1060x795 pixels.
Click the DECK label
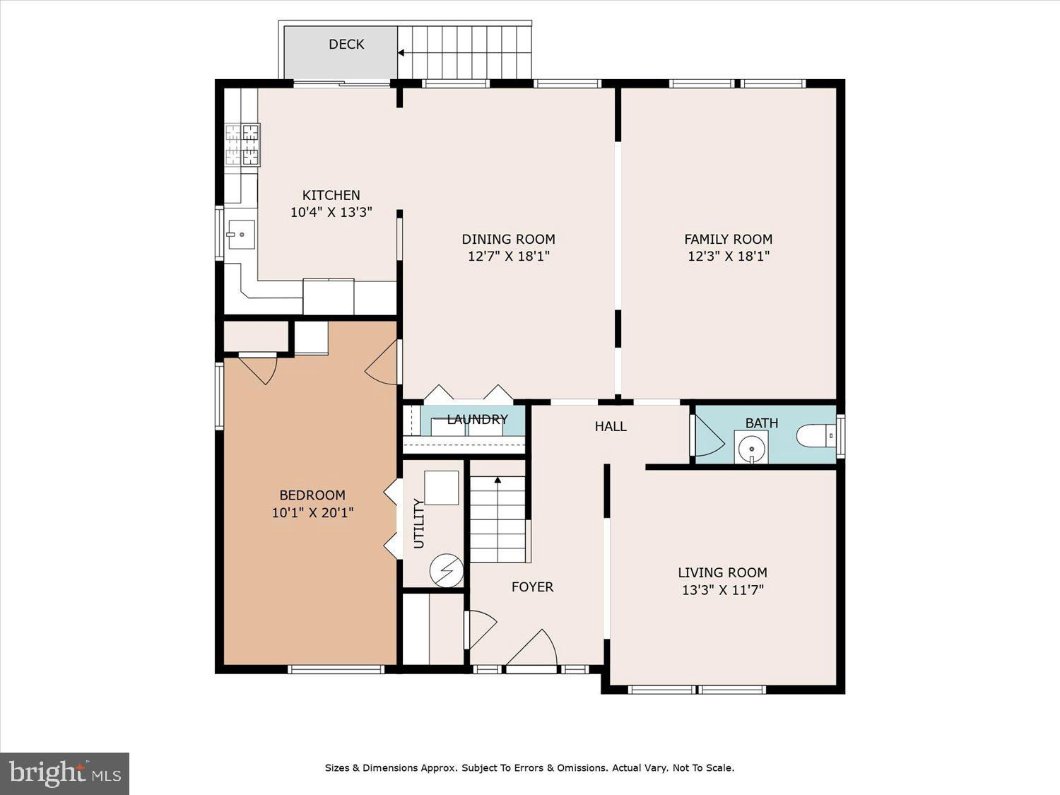coord(346,45)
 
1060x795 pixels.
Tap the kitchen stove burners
coord(243,144)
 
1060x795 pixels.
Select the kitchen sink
coord(242,235)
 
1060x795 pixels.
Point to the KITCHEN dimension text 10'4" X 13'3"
coord(331,212)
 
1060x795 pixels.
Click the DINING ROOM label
coord(509,239)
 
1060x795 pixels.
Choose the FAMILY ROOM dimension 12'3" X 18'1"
coord(729,256)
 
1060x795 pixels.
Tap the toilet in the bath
coord(816,436)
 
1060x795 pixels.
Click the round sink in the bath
coord(751,448)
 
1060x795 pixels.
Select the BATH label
coord(762,423)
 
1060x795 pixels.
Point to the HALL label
coord(611,426)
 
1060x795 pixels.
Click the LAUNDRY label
coord(477,420)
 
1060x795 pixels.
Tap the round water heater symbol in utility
coord(447,570)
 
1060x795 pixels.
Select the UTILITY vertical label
coord(418,524)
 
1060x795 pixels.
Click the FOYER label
coord(532,587)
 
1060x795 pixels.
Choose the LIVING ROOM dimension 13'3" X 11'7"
coord(723,590)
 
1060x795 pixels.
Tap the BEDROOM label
coord(312,495)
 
